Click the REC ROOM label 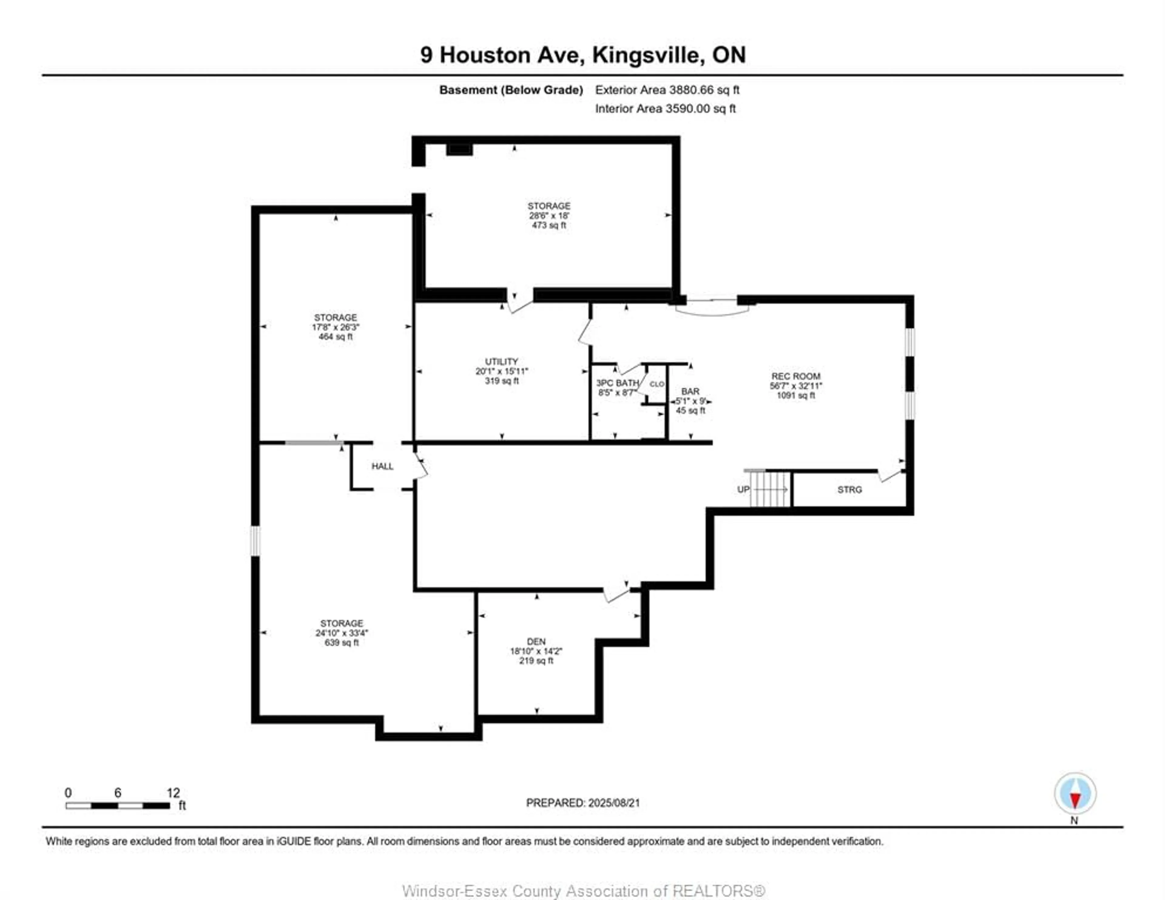[x=795, y=376]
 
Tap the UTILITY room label [x=501, y=361]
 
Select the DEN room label [x=536, y=641]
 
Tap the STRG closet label [x=849, y=489]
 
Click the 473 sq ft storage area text [x=549, y=225]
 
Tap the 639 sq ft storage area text [x=341, y=642]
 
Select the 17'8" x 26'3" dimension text [x=336, y=327]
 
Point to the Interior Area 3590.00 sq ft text [x=665, y=108]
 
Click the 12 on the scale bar [x=173, y=793]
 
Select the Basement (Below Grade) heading [x=511, y=89]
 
